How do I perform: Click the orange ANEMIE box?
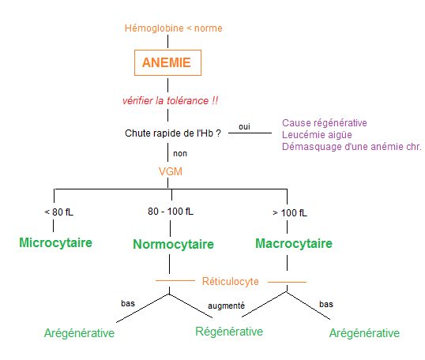166,62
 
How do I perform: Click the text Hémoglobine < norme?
174,28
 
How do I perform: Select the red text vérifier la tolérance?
170,101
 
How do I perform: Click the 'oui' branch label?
246,126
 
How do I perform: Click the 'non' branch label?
180,153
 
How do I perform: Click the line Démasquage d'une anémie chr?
352,147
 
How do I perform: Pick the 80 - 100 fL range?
171,212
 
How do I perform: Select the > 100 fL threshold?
291,212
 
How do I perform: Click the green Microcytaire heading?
55,242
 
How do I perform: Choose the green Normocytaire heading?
173,244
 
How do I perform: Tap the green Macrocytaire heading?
293,243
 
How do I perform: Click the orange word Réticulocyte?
230,280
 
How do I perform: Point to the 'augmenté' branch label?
226,305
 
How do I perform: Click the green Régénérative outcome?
229,332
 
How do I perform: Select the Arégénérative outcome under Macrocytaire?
364,333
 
